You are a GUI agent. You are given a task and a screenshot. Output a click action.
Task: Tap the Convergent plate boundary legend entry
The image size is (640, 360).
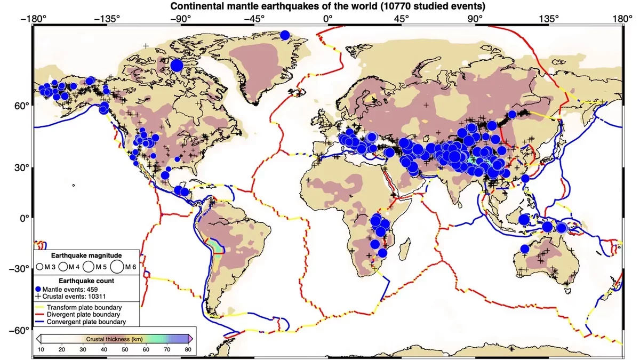pyautogui.click(x=86, y=322)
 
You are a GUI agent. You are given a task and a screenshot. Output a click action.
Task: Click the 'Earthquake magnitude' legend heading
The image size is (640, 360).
pyautogui.click(x=86, y=255)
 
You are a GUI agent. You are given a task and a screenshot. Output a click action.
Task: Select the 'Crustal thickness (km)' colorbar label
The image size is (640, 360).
pyautogui.click(x=114, y=339)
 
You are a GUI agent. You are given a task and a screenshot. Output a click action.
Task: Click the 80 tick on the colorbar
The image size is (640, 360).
pyautogui.click(x=188, y=350)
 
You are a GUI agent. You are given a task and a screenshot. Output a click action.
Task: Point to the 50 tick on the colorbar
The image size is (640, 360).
pyautogui.click(x=125, y=350)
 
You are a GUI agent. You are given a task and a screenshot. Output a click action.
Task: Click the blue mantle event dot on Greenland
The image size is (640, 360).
pyautogui.click(x=285, y=35)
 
